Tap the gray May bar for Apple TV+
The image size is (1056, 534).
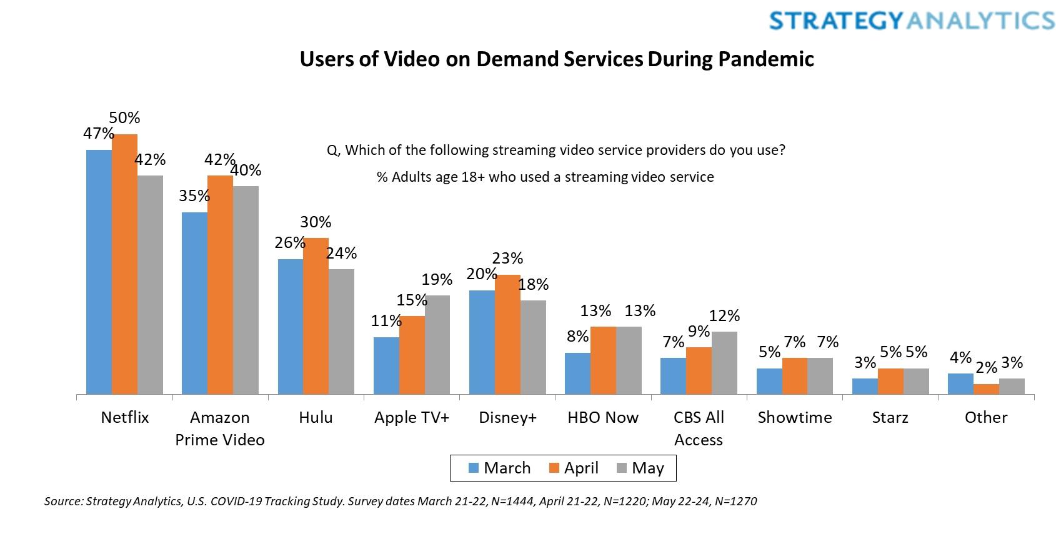437,345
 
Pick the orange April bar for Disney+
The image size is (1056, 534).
507,335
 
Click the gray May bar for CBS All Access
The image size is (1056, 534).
724,363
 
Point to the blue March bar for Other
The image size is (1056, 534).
960,384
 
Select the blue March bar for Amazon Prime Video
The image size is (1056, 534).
194,304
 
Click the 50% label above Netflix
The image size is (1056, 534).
124,117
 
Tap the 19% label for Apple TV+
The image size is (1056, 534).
437,279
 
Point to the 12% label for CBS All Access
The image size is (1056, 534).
724,315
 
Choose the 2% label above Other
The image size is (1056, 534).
986,368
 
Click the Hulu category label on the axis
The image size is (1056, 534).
316,417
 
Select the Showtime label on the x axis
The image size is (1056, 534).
795,417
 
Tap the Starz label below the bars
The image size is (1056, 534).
890,417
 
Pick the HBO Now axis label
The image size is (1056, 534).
603,417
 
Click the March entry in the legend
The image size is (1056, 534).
499,468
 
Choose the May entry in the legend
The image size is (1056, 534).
640,468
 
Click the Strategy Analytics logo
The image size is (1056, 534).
912,20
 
